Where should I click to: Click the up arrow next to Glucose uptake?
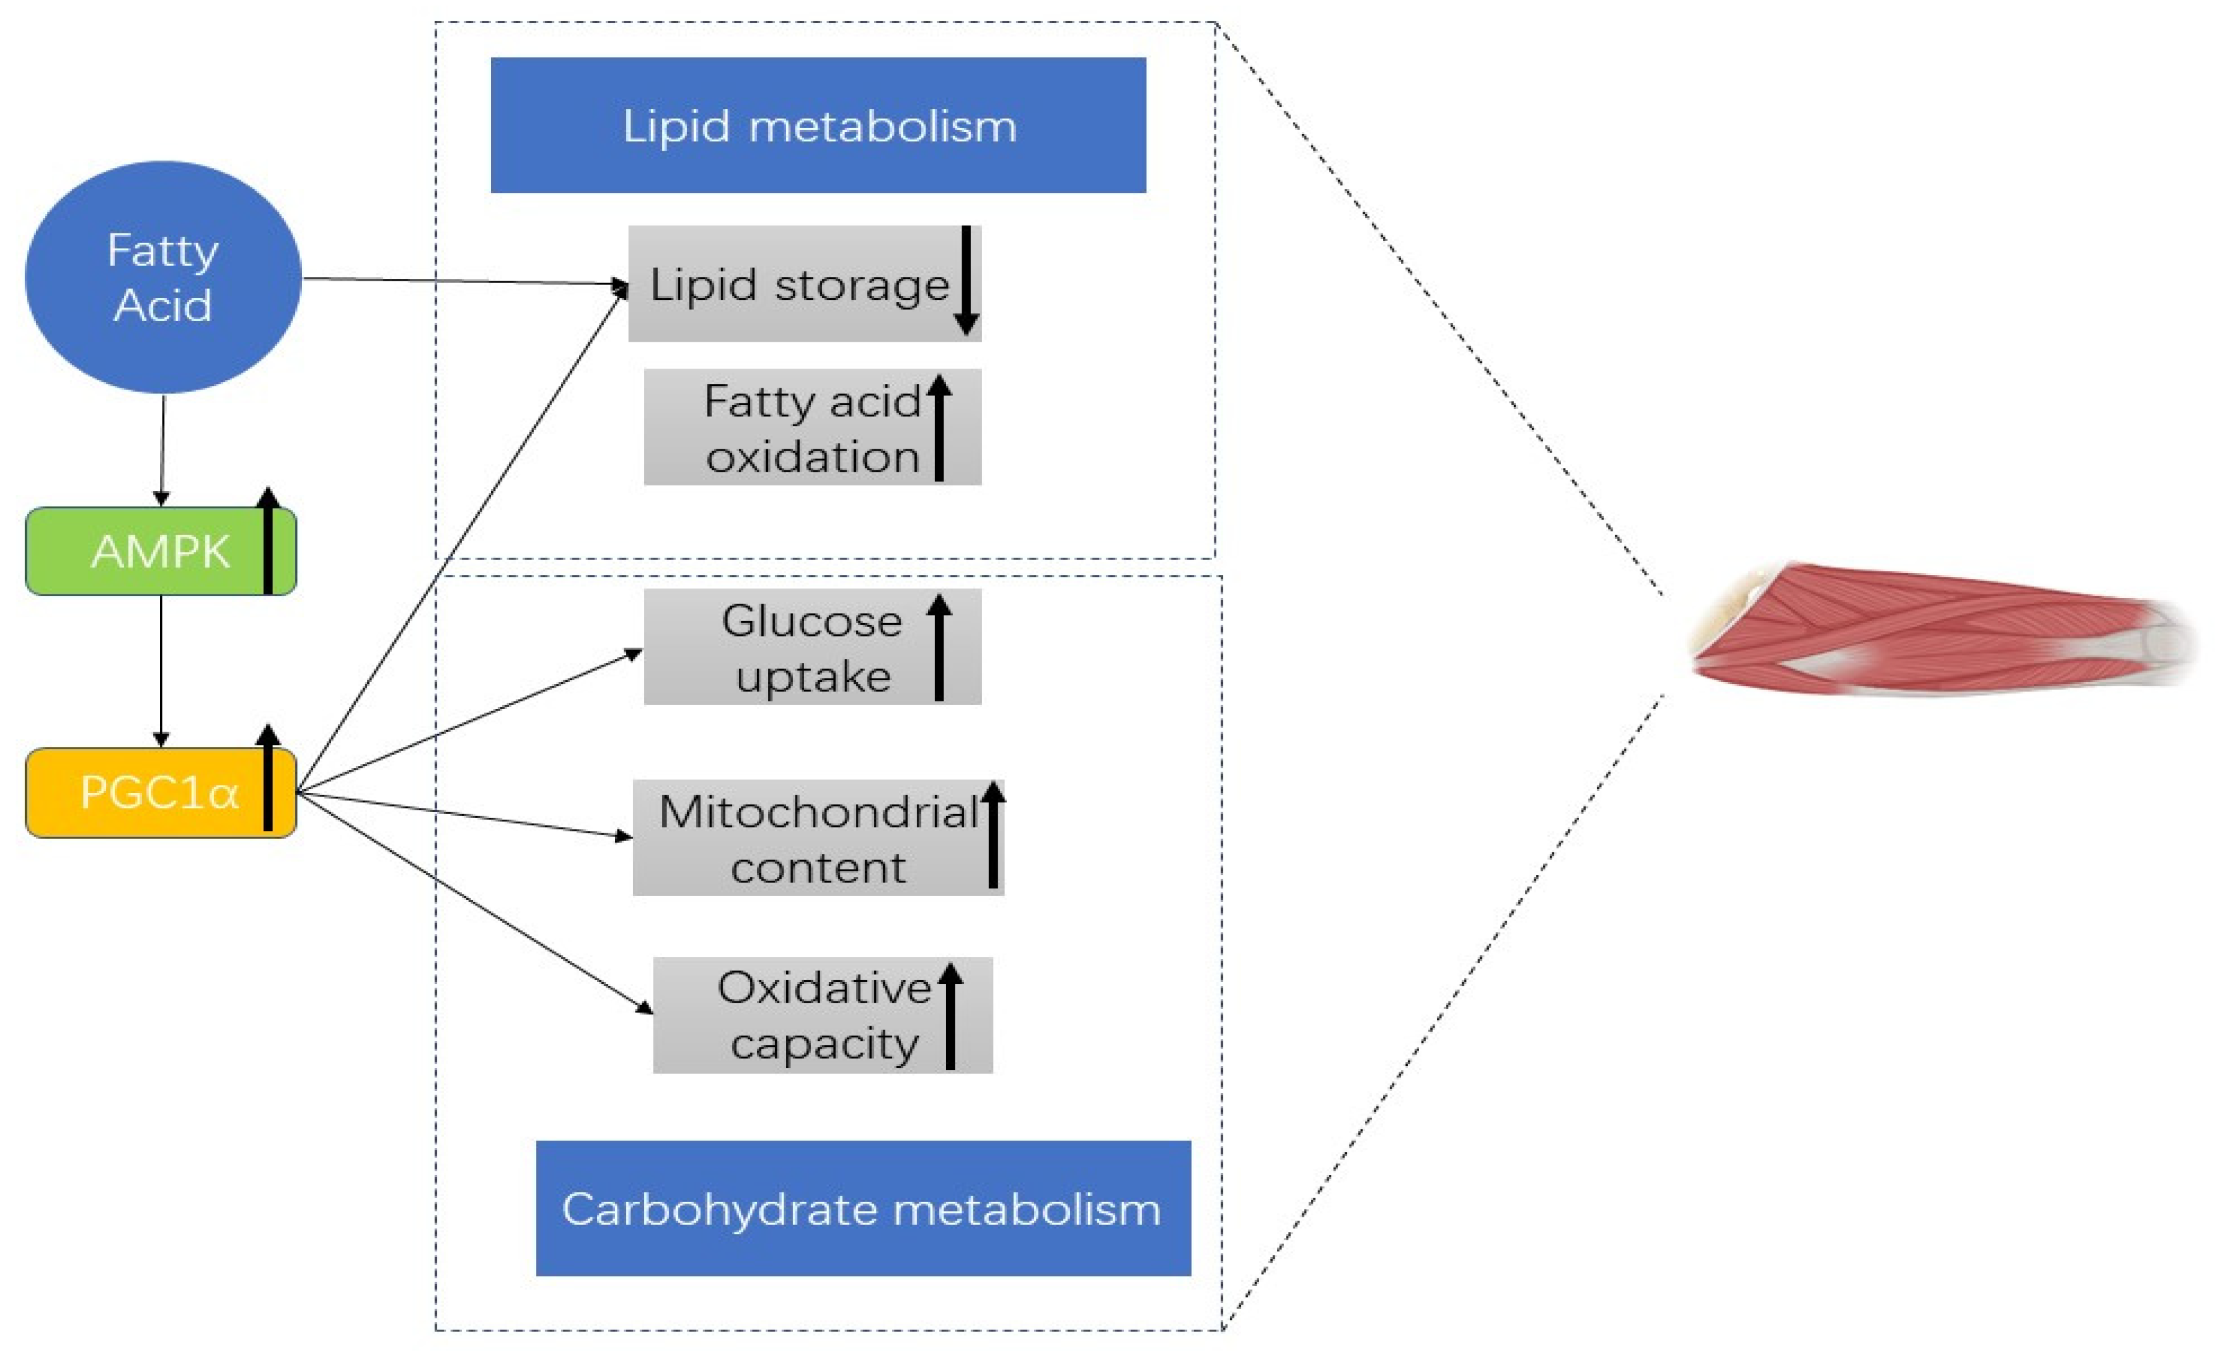[x=939, y=647]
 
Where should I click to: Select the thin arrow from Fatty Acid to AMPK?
[x=162, y=449]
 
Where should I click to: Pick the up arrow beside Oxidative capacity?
[x=950, y=1016]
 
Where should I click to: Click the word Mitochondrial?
[x=818, y=812]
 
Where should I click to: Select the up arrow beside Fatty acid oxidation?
[x=939, y=428]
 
